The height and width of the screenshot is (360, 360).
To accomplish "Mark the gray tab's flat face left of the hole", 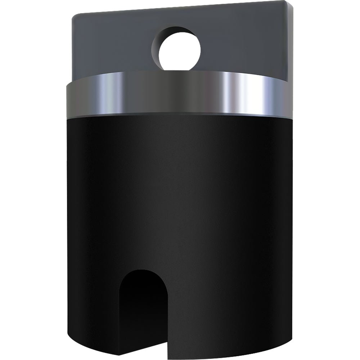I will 112,47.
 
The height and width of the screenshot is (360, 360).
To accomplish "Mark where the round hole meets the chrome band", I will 178,71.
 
